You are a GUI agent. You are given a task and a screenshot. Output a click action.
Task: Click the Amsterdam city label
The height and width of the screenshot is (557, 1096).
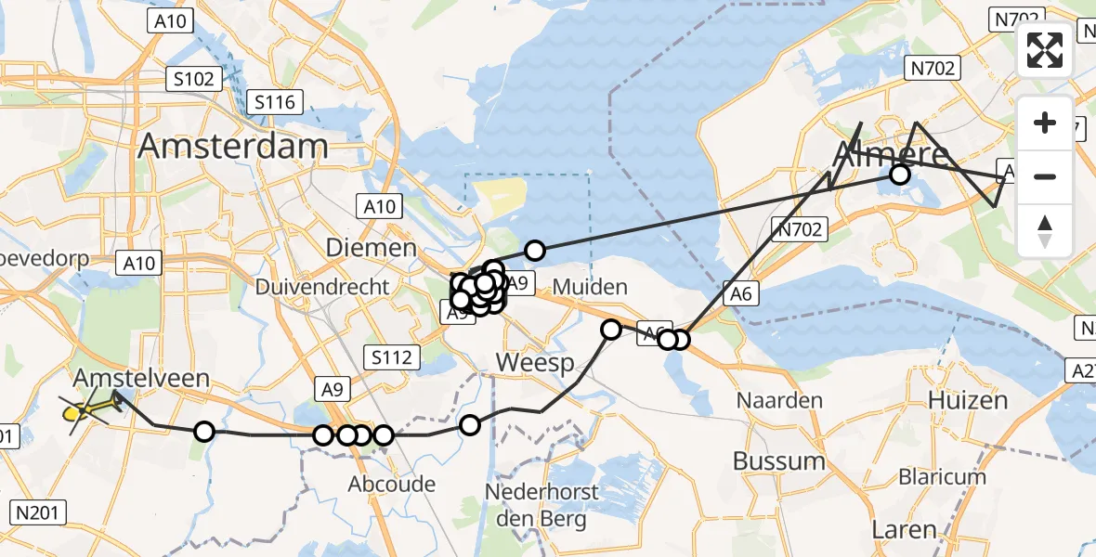[233, 146]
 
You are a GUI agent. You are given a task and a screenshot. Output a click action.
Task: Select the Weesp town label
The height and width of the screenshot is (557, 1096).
[536, 362]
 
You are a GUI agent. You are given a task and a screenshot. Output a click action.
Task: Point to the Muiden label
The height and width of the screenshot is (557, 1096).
[591, 287]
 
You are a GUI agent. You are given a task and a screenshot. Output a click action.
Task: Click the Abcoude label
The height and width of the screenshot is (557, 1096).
[392, 484]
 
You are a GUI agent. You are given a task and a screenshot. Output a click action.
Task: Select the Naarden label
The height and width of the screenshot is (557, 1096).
[780, 401]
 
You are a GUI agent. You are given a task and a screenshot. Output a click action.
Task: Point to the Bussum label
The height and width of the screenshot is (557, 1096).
[778, 460]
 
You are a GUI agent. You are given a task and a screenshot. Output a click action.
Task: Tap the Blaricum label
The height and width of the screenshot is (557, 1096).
[942, 476]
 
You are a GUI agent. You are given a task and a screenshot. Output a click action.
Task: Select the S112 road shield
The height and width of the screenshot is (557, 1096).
[395, 356]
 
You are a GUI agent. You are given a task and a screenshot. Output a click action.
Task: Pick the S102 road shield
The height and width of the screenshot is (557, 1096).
[193, 79]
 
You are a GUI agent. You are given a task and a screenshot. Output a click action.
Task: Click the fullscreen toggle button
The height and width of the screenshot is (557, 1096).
[1045, 50]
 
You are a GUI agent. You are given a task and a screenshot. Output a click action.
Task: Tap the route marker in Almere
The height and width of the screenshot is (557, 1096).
[899, 175]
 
